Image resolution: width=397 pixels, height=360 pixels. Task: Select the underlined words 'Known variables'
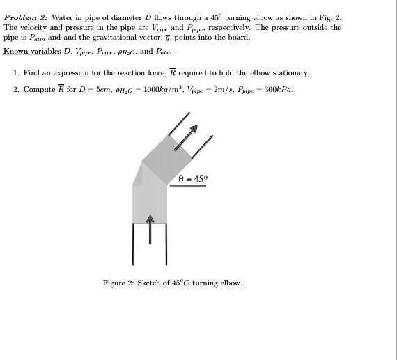pyautogui.click(x=31, y=51)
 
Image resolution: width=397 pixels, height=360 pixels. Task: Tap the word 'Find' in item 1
pyautogui.click(x=32, y=72)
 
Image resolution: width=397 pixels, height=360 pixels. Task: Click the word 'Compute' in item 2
pyautogui.click(x=38, y=89)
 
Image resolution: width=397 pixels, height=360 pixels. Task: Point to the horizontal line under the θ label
pyautogui.click(x=187, y=187)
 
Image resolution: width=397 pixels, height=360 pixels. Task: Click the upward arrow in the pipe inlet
pyautogui.click(x=149, y=228)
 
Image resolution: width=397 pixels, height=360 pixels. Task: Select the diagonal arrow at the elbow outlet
pyautogui.click(x=187, y=138)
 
